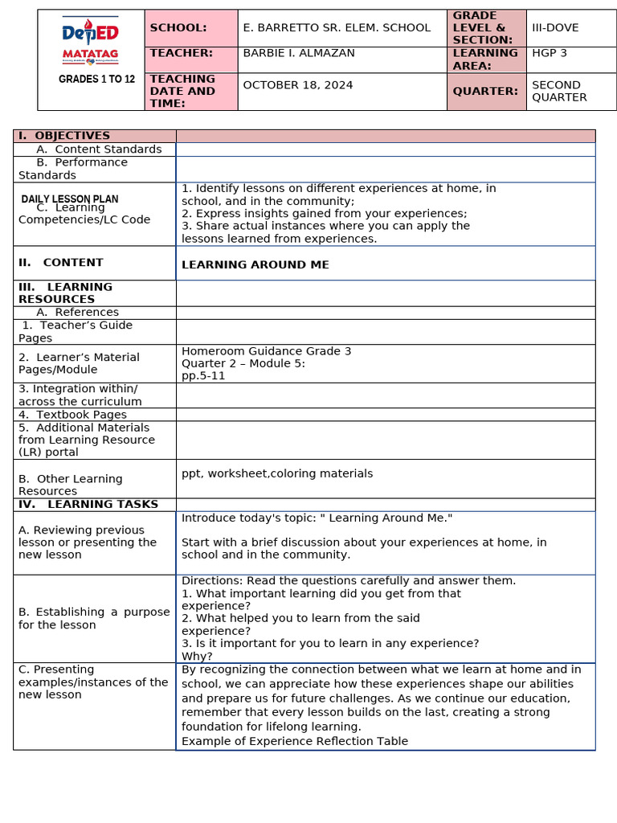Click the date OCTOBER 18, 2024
coord(298,85)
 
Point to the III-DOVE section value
coord(555,28)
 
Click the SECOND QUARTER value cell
coord(560,91)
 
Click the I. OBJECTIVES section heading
coord(64,136)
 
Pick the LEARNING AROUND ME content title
coord(255,265)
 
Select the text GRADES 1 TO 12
coord(96,80)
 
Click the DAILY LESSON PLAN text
coord(70,199)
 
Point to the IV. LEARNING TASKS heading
coord(88,505)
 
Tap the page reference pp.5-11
coord(203,375)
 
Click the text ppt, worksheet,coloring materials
coord(277,473)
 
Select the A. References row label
coord(77,313)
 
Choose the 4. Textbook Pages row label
coord(72,415)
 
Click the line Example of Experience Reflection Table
coord(295,741)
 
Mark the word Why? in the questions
coord(197,656)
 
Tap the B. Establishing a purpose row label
coord(94,618)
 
